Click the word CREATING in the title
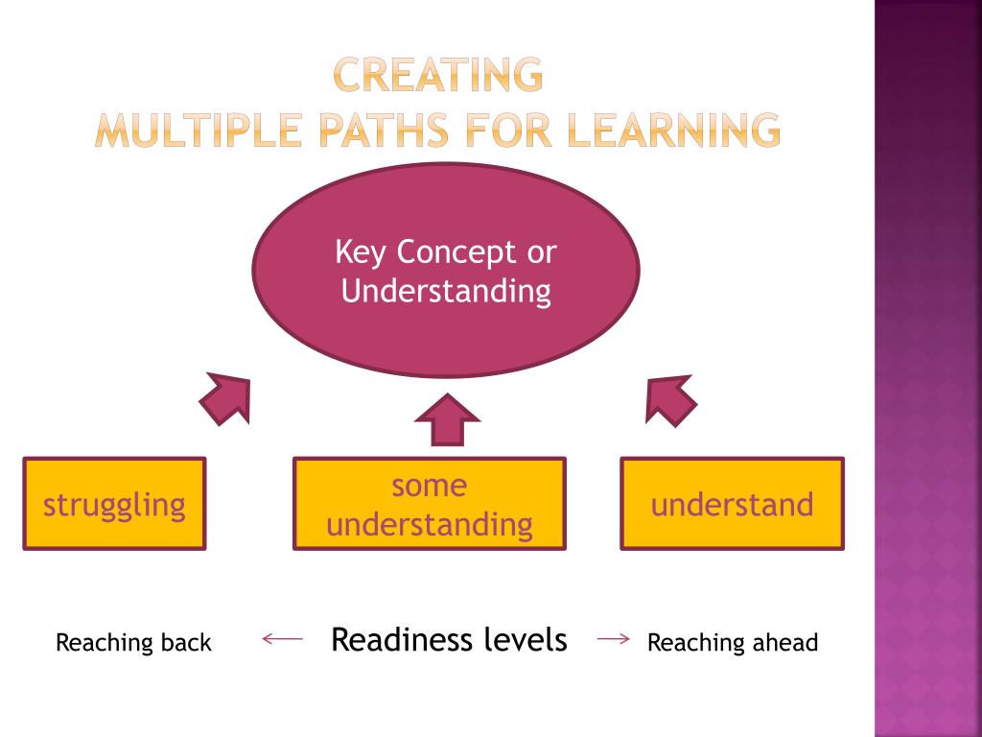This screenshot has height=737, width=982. (x=438, y=76)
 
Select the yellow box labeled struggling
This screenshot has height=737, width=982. (x=114, y=504)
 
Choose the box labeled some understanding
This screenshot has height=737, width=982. (x=429, y=504)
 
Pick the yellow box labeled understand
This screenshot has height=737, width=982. (x=732, y=504)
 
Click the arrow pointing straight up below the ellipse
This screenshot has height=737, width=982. (x=446, y=420)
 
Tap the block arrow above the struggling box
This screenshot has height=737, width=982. (x=226, y=399)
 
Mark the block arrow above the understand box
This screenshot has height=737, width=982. (x=669, y=399)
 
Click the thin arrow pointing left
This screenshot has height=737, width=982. (x=282, y=637)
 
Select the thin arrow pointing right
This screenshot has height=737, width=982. (x=613, y=638)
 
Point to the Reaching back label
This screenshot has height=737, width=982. (x=133, y=642)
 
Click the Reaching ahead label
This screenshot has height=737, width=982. (x=733, y=642)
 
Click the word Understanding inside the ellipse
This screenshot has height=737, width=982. (x=446, y=291)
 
